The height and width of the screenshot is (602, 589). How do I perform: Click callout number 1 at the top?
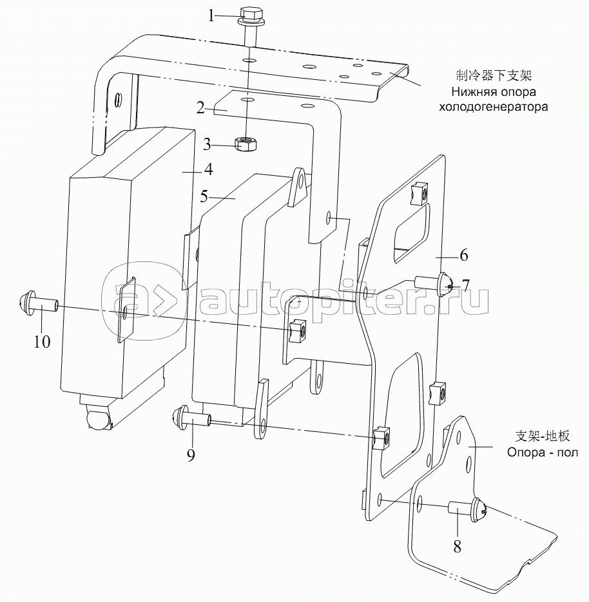tap(211, 16)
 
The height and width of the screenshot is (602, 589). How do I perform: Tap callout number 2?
tap(200, 108)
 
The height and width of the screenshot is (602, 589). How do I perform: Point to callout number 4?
tap(209, 169)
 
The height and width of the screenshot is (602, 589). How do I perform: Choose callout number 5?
tap(204, 196)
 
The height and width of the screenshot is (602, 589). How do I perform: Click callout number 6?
tap(464, 255)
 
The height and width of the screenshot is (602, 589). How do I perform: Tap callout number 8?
tap(457, 546)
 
